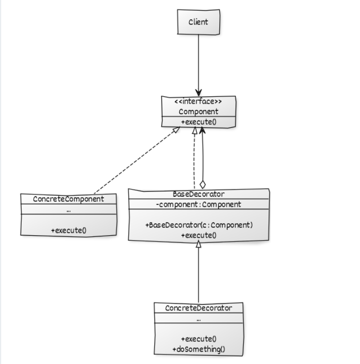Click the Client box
[x=198, y=21]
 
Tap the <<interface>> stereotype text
[x=198, y=102]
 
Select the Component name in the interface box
[x=198, y=111]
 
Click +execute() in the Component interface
[x=198, y=122]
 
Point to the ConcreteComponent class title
[x=68, y=199]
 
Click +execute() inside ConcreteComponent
[x=68, y=230]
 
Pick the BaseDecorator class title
[x=198, y=194]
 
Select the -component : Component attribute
[x=198, y=204]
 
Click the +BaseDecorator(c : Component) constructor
[x=198, y=225]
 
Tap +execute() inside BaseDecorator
[x=198, y=235]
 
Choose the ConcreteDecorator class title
[x=198, y=308]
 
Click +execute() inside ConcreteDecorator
[x=198, y=339]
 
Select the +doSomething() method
[x=198, y=349]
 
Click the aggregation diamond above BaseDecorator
[x=203, y=184]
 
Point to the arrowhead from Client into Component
[x=198, y=93]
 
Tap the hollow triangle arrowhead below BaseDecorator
[x=198, y=244]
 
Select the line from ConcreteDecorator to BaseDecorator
[x=198, y=275]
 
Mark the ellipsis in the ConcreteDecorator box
[x=198, y=319]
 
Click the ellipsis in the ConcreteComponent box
[x=68, y=211]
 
